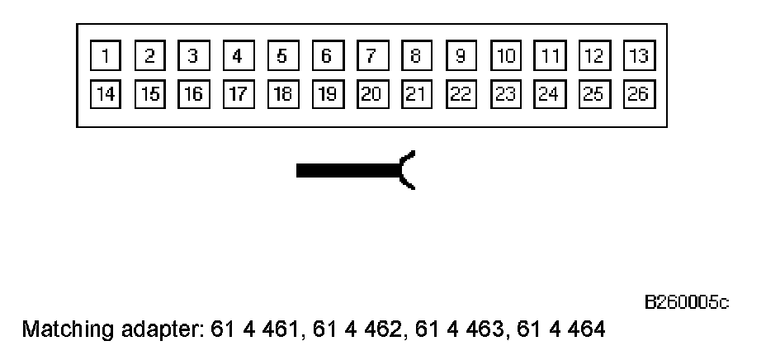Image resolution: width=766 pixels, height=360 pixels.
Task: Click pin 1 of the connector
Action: coord(105,56)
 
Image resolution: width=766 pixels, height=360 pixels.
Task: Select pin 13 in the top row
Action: coord(638,56)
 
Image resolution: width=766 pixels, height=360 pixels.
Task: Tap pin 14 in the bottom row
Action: coord(105,92)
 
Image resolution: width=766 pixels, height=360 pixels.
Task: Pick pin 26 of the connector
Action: coord(638,92)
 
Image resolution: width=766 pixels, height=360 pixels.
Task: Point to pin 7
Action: coord(371,56)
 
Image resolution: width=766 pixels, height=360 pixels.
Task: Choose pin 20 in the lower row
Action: coord(371,92)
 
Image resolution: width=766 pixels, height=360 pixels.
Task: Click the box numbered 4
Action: coord(238,56)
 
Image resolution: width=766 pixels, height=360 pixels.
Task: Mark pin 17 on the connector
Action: coord(238,92)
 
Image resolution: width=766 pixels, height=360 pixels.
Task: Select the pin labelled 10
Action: coord(505,56)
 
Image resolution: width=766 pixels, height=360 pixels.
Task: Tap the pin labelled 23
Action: coord(505,92)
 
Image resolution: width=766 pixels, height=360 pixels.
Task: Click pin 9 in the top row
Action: coord(461,56)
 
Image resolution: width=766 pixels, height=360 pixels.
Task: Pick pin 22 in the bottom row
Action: coord(461,92)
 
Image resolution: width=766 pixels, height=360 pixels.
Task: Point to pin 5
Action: coord(282,56)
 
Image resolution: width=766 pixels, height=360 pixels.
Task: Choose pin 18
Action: coord(282,92)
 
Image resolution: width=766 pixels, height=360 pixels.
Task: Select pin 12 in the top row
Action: coord(593,56)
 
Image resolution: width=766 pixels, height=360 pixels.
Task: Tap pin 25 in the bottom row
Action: coord(593,92)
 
